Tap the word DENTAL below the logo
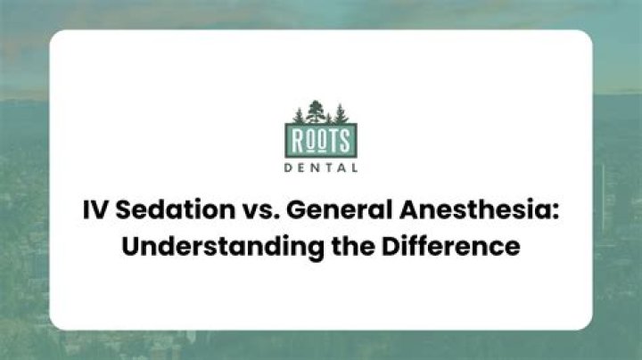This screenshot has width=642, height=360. tap(320, 167)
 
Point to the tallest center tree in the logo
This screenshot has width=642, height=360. tap(316, 111)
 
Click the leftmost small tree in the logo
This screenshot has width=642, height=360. tap(299, 117)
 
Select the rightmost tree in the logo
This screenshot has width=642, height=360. tap(339, 115)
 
